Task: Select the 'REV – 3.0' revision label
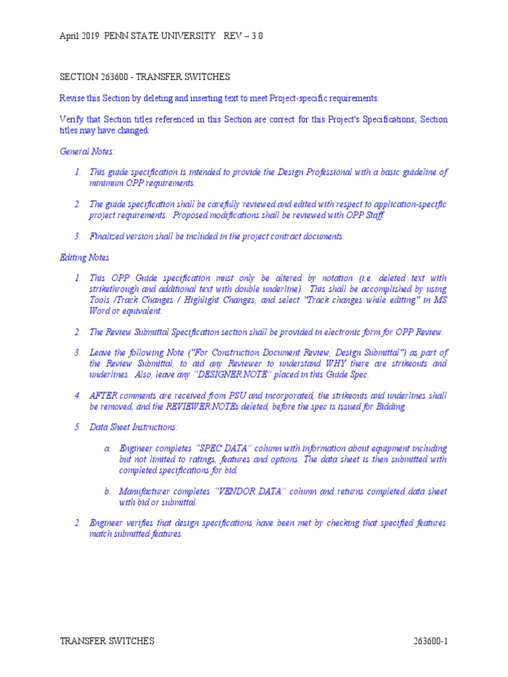(x=244, y=36)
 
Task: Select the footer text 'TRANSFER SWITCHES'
(x=107, y=641)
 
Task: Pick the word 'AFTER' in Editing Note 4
(x=103, y=395)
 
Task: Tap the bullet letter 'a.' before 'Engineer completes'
(x=107, y=448)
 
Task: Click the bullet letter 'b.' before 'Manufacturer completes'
(x=107, y=491)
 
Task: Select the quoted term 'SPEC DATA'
(x=220, y=448)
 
